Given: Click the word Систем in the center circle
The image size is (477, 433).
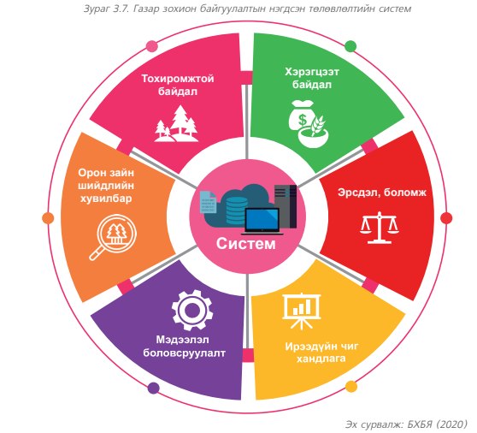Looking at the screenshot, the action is (x=246, y=244).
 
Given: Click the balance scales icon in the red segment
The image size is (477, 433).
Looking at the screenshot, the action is (x=380, y=228).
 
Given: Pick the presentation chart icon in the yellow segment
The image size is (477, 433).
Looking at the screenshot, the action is (x=302, y=311).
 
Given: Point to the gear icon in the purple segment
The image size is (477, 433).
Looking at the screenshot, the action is (x=192, y=311).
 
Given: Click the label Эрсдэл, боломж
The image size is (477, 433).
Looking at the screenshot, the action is (x=382, y=193).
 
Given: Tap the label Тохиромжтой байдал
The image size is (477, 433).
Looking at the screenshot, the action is (x=178, y=85).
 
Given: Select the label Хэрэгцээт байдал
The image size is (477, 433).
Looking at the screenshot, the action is (x=312, y=78).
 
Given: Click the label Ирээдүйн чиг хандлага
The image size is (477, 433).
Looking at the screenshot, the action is (x=321, y=353).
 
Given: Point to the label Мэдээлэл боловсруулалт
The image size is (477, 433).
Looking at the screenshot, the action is (x=184, y=347).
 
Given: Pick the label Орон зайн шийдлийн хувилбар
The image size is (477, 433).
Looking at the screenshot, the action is (x=106, y=186).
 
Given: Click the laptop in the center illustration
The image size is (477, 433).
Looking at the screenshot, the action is (x=262, y=222).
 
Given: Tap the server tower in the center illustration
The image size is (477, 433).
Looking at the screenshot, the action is (x=286, y=206).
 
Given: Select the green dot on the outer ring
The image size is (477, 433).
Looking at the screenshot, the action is (x=350, y=46).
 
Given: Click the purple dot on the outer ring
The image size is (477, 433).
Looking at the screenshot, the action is (x=153, y=389).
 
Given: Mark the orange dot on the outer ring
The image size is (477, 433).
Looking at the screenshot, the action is (x=48, y=218).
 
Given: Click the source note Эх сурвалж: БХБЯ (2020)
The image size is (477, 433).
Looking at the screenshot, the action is (x=406, y=424).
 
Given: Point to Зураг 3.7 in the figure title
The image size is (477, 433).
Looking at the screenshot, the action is (x=103, y=9).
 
